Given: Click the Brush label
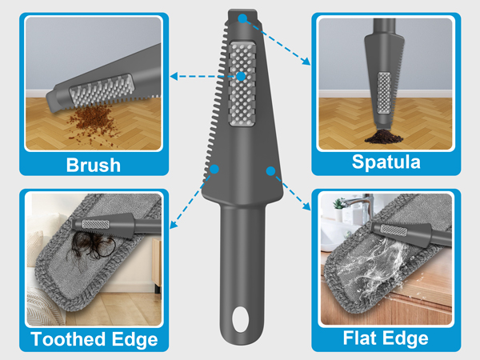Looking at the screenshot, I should tap(94, 165).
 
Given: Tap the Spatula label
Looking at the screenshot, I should tap(385, 162).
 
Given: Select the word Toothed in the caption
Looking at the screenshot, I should tap(66, 339).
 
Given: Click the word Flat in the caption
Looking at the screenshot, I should tap(356, 339).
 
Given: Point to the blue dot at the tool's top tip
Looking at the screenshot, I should tap(242, 23).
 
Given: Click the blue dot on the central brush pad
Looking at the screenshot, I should tap(241, 77).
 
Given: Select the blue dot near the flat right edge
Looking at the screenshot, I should tap(270, 170).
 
